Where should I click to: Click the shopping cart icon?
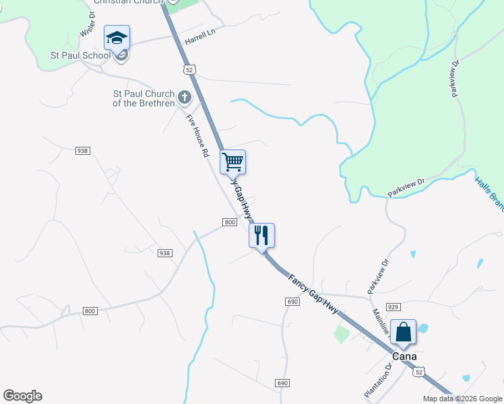click(232, 162)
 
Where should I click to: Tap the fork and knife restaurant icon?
click(261, 235)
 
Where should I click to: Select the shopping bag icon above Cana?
click(403, 332)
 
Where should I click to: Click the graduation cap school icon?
click(117, 38)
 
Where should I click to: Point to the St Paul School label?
click(80, 55)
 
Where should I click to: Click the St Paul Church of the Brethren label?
click(144, 98)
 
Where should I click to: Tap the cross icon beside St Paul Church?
click(184, 99)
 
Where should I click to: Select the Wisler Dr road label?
click(88, 24)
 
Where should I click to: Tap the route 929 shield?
click(394, 306)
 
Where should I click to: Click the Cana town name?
click(405, 356)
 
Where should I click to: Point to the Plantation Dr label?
click(377, 381)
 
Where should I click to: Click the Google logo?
click(22, 396)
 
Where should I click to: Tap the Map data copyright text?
click(462, 399)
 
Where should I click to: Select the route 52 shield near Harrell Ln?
click(189, 69)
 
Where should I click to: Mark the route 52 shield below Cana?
click(419, 372)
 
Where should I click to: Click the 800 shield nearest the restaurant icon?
click(229, 222)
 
